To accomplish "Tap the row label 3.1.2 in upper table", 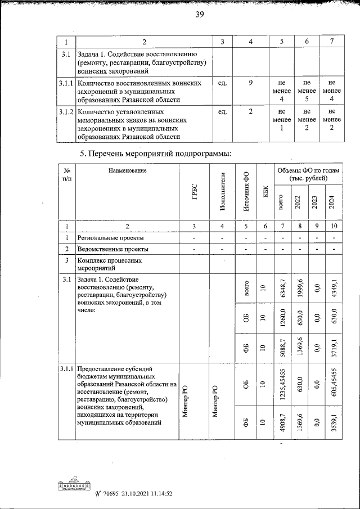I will tap(67, 111).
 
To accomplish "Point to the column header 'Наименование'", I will tap(127, 170).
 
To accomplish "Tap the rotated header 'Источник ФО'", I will tap(246, 192).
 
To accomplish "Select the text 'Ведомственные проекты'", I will tap(113, 249).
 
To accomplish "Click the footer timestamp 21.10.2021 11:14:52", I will tap(142, 494).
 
